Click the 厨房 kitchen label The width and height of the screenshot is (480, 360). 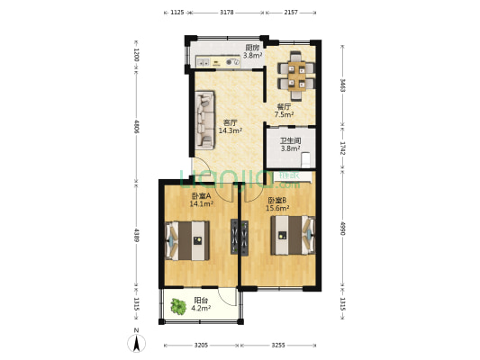[253, 48]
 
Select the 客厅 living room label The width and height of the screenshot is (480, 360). [230, 123]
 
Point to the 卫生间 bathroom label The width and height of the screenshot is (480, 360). [289, 140]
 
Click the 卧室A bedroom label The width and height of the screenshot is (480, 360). [201, 196]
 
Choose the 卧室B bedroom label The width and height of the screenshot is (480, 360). [276, 201]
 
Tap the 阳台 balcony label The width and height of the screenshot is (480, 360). [203, 301]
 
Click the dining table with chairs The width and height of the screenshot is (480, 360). [295, 74]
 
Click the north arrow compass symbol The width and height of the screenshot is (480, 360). [136, 342]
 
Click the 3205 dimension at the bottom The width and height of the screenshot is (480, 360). [200, 346]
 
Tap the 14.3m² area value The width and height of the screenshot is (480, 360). [229, 131]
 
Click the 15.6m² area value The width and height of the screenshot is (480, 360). [276, 209]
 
